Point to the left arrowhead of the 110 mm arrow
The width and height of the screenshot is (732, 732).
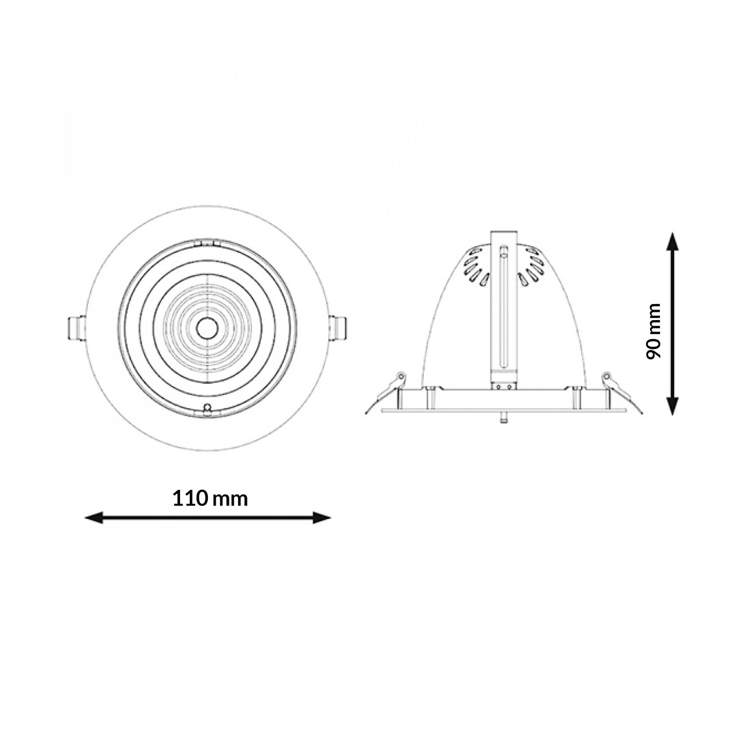(94, 518)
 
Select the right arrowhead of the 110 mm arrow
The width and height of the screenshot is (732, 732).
(322, 518)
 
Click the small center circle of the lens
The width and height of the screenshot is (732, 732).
(207, 327)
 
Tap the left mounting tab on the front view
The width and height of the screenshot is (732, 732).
(76, 327)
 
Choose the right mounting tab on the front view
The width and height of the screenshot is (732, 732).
(337, 327)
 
